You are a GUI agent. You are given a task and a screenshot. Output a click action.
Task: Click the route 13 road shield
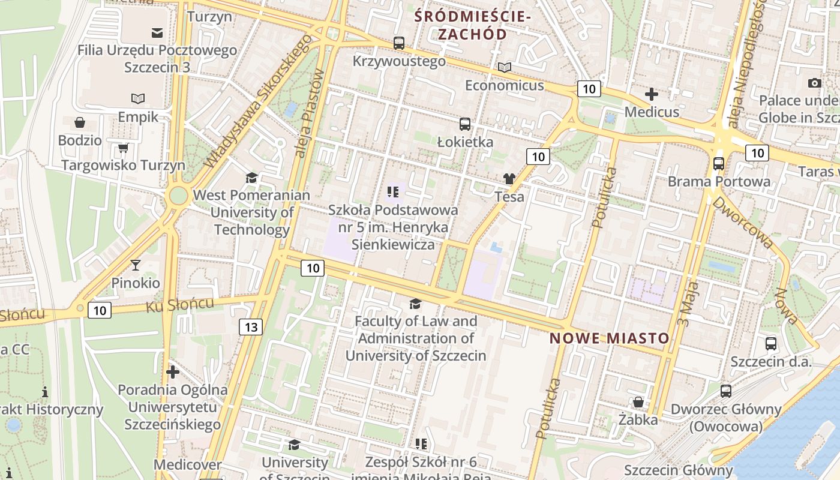[250, 327]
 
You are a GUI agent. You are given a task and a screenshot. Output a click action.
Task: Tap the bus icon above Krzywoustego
[399, 43]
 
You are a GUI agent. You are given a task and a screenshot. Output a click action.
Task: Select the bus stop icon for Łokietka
[465, 124]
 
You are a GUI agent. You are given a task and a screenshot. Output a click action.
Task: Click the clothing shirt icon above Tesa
[509, 178]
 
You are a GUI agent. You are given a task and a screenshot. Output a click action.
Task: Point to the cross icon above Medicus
[652, 94]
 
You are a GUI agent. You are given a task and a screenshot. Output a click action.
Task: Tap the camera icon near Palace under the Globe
[814, 83]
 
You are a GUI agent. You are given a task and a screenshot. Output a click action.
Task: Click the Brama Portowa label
[719, 181]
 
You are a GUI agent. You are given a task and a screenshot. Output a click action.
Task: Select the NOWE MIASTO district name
[609, 338]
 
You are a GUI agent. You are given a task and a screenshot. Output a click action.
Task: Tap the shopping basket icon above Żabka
[638, 401]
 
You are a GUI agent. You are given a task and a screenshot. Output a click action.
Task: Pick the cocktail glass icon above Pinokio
[136, 265]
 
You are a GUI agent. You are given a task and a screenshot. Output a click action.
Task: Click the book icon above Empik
[138, 98]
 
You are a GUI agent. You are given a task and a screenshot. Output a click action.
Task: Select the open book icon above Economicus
[505, 67]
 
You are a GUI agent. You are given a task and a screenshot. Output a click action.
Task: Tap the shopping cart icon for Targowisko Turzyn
[124, 148]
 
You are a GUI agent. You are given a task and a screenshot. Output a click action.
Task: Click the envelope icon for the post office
[157, 32]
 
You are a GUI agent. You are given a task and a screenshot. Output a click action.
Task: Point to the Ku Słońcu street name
[179, 305]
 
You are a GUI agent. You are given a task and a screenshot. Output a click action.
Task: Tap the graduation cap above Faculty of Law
[415, 304]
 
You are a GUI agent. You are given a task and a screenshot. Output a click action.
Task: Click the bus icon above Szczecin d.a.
[771, 344]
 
